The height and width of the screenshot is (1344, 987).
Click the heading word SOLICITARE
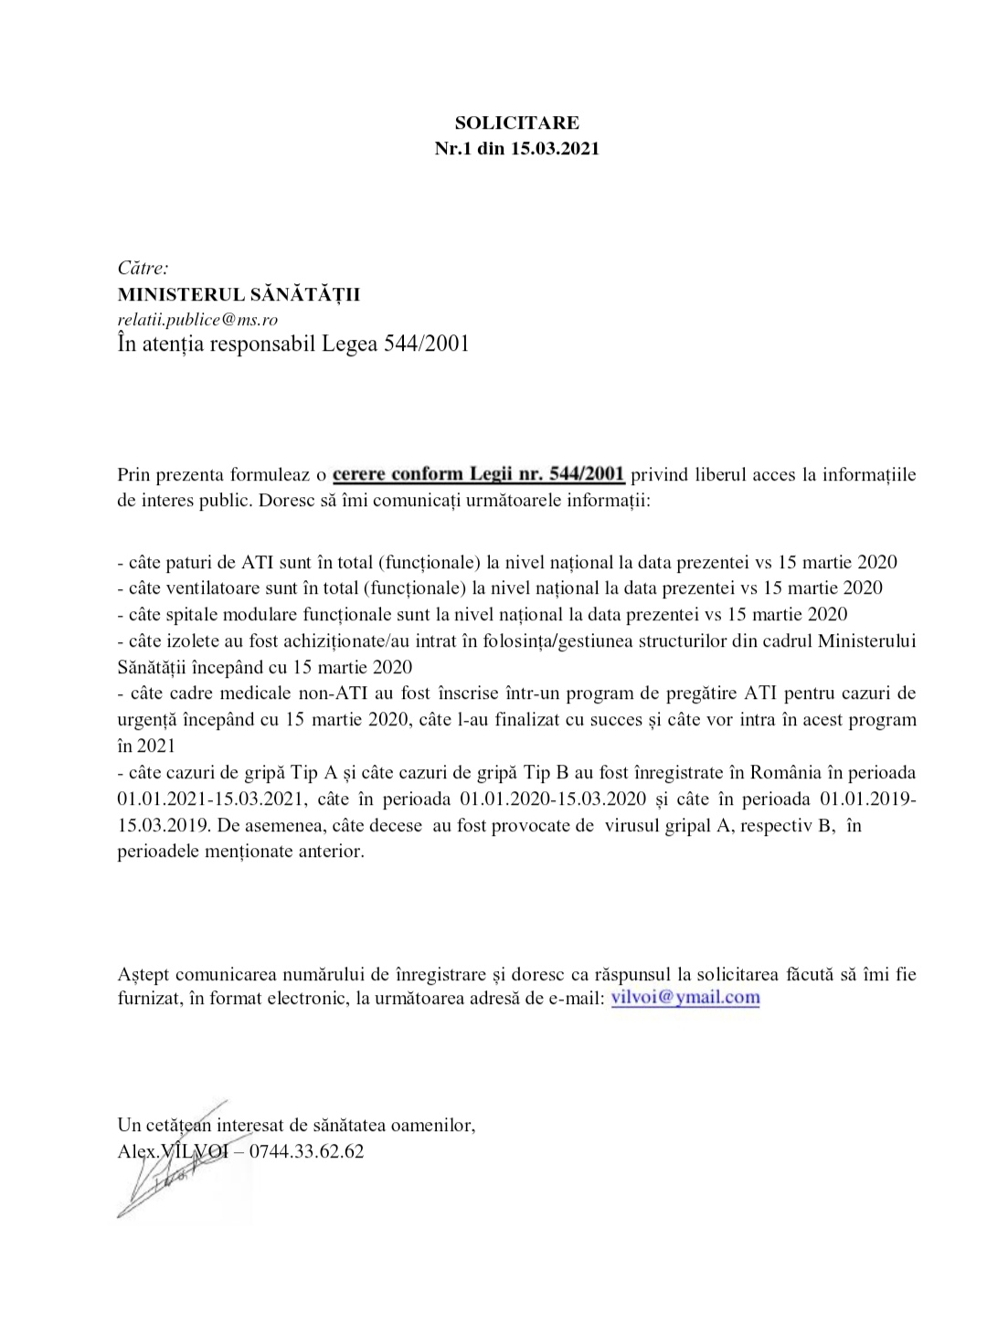pos(516,122)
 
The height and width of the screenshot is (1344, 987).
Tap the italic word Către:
pos(143,268)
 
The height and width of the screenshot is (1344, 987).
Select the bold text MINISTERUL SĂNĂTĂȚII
pos(239,294)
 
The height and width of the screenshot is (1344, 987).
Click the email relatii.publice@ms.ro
pos(197,319)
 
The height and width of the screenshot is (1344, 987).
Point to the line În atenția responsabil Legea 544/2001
pos(293,344)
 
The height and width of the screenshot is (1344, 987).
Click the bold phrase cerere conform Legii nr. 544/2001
pos(478,473)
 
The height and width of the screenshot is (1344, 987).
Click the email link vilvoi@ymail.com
pos(685,997)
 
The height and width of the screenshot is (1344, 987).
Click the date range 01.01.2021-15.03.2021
pos(214,799)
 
